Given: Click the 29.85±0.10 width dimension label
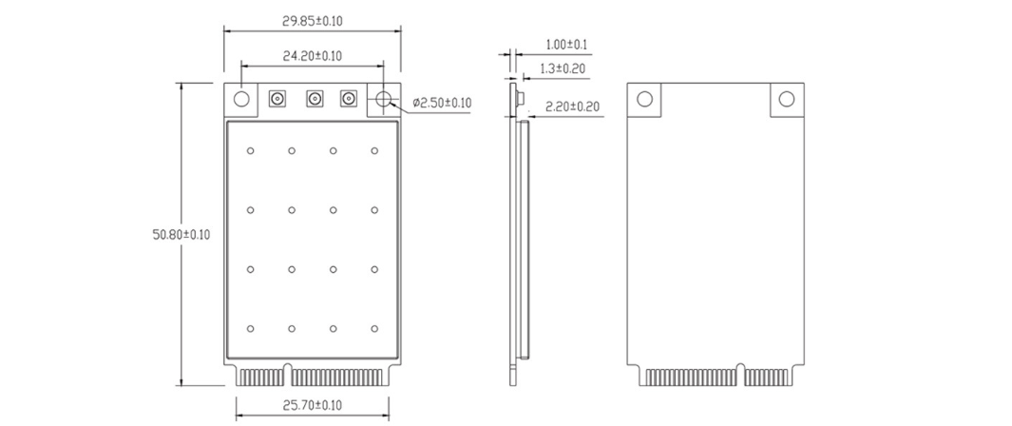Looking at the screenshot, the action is pyautogui.click(x=313, y=21).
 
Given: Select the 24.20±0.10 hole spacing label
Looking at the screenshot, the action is pyautogui.click(x=313, y=56).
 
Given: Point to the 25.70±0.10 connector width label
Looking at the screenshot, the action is pyautogui.click(x=313, y=405).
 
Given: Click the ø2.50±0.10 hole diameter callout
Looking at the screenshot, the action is pyautogui.click(x=442, y=103).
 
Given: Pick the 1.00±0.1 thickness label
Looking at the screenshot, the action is pyautogui.click(x=566, y=45).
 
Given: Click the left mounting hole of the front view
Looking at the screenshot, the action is pyautogui.click(x=241, y=99).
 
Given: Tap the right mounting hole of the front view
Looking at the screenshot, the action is pyautogui.click(x=384, y=99).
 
